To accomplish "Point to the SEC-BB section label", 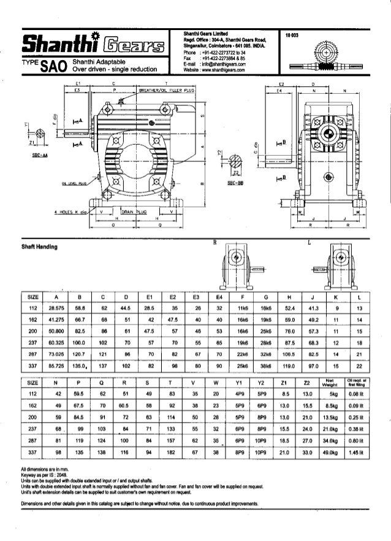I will (x=236, y=183).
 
